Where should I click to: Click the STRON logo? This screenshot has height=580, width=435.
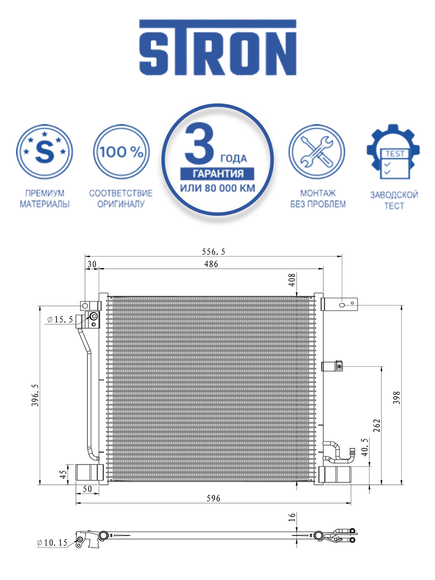217,47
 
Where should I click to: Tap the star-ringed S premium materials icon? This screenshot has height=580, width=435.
44,152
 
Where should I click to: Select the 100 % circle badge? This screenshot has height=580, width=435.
121,152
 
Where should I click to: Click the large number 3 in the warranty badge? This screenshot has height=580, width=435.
200,143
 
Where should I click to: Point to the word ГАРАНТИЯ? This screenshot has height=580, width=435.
217,174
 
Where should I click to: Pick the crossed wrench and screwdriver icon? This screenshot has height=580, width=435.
317,152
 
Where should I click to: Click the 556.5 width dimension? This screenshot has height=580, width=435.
214,252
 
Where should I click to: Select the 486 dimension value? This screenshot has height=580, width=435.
211,264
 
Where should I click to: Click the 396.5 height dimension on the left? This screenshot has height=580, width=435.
35,395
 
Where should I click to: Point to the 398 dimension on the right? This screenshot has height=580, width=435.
396,398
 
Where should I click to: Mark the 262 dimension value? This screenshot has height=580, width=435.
377,425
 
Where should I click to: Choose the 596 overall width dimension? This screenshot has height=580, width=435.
213,498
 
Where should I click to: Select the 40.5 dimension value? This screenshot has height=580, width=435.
364,447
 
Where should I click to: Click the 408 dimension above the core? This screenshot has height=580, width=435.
291,280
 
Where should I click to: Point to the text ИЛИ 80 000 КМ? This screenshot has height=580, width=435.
217,188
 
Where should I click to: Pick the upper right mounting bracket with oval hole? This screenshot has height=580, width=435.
339,304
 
